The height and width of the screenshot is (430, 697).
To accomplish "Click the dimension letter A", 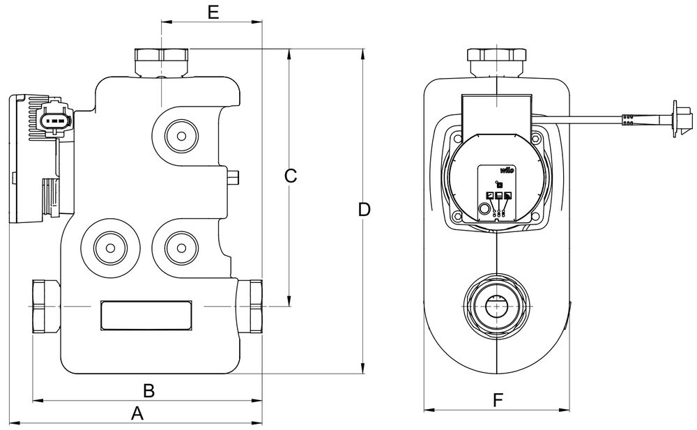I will (x=137, y=413).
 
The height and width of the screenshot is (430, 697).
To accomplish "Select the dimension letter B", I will (x=148, y=390).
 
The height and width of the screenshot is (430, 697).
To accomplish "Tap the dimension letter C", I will (x=291, y=176).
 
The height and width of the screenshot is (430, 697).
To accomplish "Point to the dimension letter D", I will (x=363, y=209).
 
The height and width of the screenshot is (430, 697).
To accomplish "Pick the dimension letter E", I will (x=213, y=12).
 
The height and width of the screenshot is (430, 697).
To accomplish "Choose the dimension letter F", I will (x=498, y=400).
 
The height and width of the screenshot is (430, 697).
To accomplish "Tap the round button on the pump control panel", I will (x=484, y=208).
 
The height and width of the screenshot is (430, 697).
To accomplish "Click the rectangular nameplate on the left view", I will (x=146, y=315).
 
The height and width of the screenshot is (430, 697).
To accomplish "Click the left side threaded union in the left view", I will (x=47, y=307).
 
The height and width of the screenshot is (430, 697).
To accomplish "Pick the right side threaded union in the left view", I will (x=250, y=307).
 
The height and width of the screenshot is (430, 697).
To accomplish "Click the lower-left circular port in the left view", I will (x=108, y=247).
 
